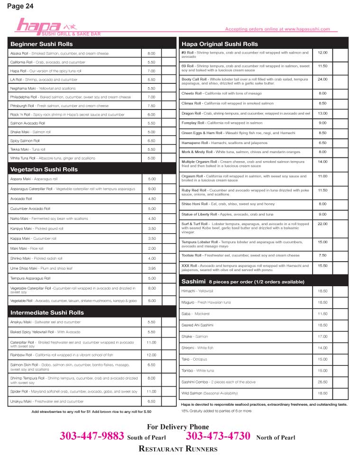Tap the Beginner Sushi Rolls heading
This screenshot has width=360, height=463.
coord(42,44)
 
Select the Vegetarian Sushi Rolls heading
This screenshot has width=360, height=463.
coord(44,169)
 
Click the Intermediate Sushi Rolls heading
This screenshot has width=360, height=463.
coord(47,312)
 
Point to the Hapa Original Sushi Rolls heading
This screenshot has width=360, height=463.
coord(220,44)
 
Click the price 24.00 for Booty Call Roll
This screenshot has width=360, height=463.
coord(323,79)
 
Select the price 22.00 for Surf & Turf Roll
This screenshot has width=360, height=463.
coord(323,224)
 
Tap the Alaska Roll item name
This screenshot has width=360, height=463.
coord(20,54)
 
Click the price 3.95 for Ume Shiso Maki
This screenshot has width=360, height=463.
coord(152,268)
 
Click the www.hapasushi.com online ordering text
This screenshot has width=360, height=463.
coord(307,29)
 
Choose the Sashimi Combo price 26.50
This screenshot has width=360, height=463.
coord(323,382)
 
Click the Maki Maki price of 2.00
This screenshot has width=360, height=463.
coord(152,248)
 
